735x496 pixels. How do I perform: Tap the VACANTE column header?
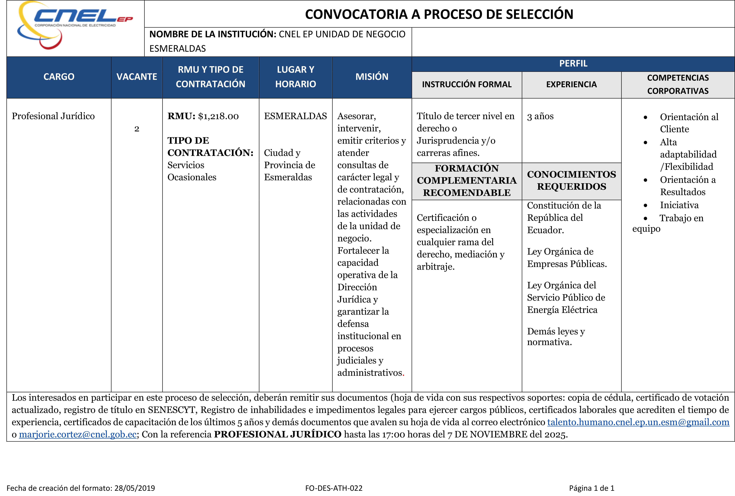(137, 77)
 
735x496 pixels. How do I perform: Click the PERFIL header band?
(573, 64)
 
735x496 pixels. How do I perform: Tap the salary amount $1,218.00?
(218, 116)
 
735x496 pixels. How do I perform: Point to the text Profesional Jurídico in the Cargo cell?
(53, 116)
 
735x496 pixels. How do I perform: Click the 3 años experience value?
(540, 116)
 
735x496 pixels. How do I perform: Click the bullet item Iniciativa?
(679, 205)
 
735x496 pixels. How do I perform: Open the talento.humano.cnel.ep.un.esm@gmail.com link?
(638, 422)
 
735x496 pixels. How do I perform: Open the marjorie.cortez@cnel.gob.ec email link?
(78, 435)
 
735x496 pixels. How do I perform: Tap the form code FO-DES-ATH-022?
(334, 488)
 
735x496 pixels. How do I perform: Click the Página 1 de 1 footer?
(591, 488)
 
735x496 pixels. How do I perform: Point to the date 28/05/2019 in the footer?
(135, 488)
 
